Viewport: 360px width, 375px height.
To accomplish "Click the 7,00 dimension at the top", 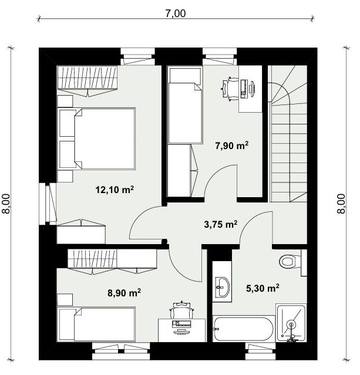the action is click(x=176, y=13).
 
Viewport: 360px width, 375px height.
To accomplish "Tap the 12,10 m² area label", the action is click(x=115, y=190).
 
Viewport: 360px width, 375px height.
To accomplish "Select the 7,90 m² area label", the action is click(x=232, y=146).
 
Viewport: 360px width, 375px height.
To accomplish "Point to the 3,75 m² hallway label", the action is click(x=220, y=224).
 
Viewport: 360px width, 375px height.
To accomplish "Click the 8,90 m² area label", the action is click(x=124, y=292).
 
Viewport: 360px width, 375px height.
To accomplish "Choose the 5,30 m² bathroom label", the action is click(x=263, y=288).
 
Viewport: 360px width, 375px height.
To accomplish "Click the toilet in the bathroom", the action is click(x=292, y=262).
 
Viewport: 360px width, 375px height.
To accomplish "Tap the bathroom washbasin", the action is click(x=223, y=287).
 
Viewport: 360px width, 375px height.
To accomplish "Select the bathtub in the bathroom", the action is click(x=244, y=329).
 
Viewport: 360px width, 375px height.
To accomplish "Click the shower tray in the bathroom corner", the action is click(x=291, y=323).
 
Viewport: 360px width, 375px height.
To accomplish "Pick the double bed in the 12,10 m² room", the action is click(x=97, y=138).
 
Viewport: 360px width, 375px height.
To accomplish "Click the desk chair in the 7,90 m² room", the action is click(x=230, y=89).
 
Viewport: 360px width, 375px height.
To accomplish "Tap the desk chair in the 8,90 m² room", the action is click(x=181, y=310).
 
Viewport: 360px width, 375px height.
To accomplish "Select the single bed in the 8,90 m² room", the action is click(x=96, y=325).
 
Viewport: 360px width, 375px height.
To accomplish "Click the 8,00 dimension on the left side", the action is click(x=6, y=204).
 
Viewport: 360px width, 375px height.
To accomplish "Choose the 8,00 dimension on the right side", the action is click(x=342, y=204).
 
